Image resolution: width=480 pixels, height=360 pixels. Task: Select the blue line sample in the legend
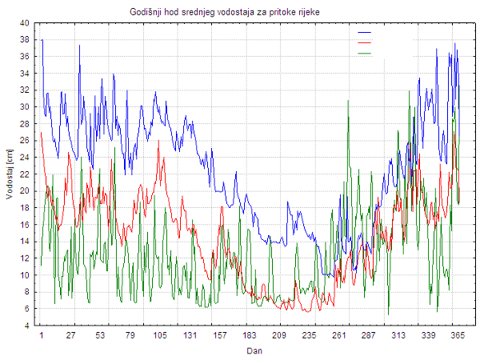click(x=365, y=33)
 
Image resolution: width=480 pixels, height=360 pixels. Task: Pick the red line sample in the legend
click(x=365, y=42)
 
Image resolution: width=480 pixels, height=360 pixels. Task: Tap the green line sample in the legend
click(x=365, y=53)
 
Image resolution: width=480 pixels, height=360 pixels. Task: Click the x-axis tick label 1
click(x=42, y=336)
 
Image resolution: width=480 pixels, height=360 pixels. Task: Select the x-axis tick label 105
click(x=160, y=336)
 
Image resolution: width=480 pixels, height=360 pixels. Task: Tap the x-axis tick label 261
click(x=338, y=336)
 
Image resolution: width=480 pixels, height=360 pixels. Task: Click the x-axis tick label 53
click(x=101, y=336)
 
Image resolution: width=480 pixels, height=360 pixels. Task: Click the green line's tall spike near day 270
click(x=348, y=102)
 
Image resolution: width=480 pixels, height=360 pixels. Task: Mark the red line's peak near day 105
click(x=158, y=142)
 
